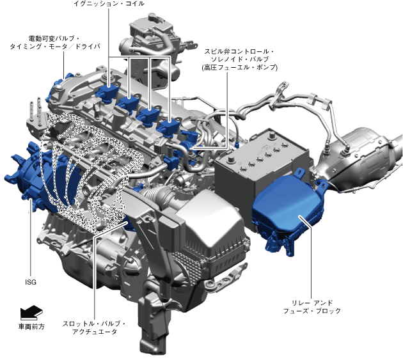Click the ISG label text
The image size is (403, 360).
[x=31, y=282]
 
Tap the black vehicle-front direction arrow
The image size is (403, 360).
[x=31, y=311]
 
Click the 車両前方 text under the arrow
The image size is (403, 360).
[x=31, y=327]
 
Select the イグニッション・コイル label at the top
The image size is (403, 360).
[x=109, y=4]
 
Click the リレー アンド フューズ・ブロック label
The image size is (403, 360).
[x=312, y=307]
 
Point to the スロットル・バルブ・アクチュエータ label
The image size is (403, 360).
[x=94, y=327]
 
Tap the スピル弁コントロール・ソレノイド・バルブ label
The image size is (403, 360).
[x=239, y=59]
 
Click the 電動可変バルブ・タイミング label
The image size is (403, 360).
[x=55, y=43]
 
